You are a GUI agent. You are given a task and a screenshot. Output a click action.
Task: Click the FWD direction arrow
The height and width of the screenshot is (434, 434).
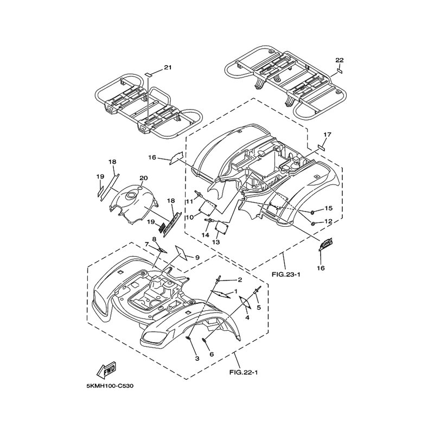106,371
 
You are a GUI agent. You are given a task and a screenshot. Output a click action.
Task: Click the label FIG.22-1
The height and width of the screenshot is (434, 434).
244,372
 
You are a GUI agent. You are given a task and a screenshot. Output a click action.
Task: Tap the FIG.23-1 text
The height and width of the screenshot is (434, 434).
286,275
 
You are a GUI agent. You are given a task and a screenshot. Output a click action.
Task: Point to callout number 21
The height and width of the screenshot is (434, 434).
168,67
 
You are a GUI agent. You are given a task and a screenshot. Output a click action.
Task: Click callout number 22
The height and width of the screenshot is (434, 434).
340,60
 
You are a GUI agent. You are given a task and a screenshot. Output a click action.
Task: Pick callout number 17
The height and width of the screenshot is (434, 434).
328,135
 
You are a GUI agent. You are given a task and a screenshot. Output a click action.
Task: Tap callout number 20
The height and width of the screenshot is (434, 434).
144,178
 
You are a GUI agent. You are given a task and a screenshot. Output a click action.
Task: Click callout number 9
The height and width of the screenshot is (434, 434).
197,258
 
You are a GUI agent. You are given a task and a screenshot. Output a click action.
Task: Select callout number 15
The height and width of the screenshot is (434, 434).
329,208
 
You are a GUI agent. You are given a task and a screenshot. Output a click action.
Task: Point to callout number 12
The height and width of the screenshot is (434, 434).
328,222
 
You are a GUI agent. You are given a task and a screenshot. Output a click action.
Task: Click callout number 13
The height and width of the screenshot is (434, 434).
216,242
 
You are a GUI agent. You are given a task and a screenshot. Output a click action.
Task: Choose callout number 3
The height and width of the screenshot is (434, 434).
197,359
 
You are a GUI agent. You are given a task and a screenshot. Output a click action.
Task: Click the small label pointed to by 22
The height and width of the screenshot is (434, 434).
340,71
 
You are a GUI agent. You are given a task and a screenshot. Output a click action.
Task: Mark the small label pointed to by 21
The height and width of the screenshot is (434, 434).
148,74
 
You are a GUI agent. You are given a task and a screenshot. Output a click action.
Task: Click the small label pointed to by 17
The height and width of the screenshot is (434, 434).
321,147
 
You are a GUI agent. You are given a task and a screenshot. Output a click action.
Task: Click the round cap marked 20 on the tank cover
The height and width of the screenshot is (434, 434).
140,188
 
